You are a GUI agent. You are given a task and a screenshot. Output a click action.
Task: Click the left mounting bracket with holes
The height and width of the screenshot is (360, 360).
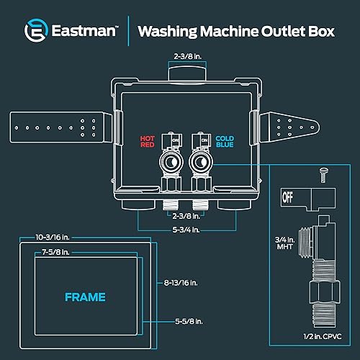[x=62, y=127]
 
